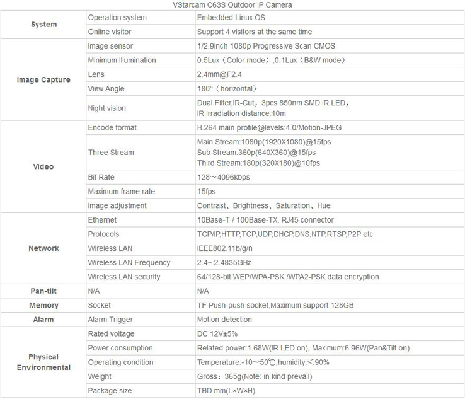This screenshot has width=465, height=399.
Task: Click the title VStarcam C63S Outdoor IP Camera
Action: [x=232, y=5]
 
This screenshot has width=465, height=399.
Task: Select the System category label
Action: [x=43, y=25]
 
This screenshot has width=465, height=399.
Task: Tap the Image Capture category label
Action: [x=43, y=80]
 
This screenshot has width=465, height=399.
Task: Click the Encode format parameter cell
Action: [x=112, y=127]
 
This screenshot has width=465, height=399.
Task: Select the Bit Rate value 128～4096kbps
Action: [x=223, y=177]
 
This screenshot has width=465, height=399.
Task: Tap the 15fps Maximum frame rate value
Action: [x=206, y=192]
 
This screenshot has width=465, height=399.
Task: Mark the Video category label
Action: [x=43, y=166]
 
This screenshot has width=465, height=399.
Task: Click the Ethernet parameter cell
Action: [x=102, y=220]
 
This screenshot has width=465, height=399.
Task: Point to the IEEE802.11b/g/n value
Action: [x=223, y=248]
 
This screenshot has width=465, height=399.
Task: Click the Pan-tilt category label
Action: [x=43, y=291]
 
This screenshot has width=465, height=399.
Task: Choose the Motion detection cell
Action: [x=224, y=320]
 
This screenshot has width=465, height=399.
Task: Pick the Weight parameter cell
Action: [x=100, y=376]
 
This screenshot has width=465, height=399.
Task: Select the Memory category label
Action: [x=43, y=306]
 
